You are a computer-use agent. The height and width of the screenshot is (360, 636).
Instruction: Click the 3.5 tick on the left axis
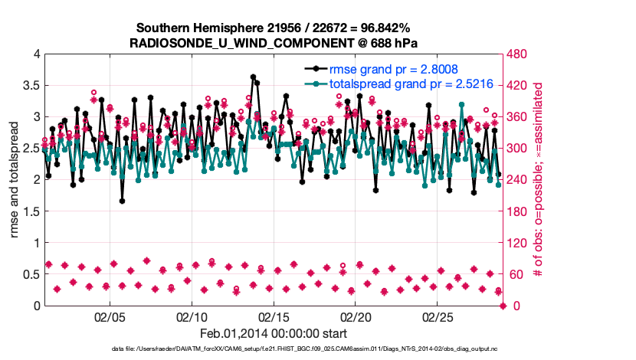click(31, 85)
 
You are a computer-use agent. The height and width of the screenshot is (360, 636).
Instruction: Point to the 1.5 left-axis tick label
click(31, 211)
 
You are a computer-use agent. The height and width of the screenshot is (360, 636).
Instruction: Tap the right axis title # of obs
click(538, 179)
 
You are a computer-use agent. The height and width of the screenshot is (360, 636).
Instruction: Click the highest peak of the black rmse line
click(253, 77)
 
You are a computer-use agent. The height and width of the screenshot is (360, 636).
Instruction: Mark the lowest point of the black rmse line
click(122, 201)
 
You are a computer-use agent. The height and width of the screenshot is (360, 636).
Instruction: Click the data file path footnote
click(274, 349)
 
